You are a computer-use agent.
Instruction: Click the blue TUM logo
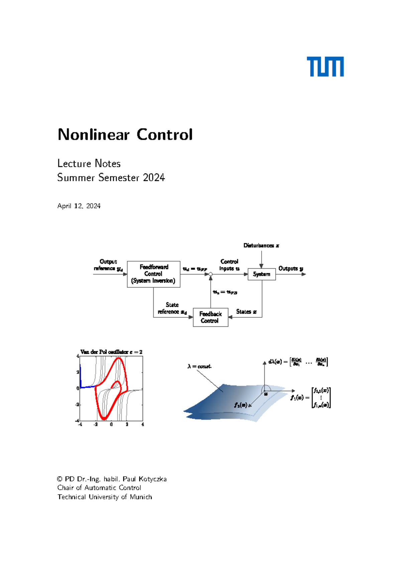[x=325, y=67]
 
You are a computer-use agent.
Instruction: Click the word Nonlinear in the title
[x=94, y=135]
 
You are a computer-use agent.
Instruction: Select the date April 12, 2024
[x=79, y=206]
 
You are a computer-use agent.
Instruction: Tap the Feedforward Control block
[x=153, y=274]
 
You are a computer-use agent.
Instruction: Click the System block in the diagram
[x=262, y=274]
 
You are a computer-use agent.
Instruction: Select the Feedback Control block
[x=211, y=317]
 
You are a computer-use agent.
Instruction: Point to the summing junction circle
[x=211, y=274]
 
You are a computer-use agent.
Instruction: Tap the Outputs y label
[x=291, y=268]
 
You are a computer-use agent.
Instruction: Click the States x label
[x=246, y=312]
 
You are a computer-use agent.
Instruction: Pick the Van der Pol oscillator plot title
[x=111, y=352]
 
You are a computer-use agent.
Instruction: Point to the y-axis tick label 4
[x=78, y=356]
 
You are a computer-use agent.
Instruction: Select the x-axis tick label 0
[x=111, y=425]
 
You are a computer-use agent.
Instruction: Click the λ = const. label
[x=199, y=366]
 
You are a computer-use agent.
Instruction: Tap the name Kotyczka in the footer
[x=152, y=479]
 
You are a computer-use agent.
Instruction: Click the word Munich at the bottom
[x=141, y=497]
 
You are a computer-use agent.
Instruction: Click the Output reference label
[x=108, y=265]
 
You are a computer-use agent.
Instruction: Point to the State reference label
[x=172, y=308]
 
